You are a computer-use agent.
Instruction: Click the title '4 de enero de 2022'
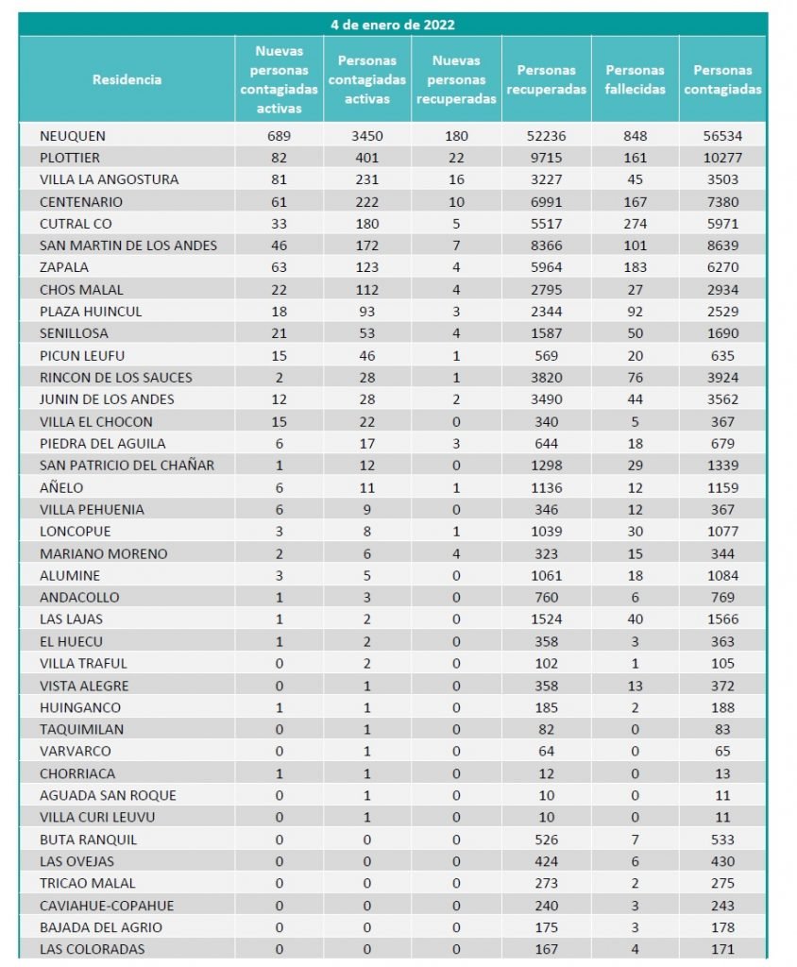click(392, 25)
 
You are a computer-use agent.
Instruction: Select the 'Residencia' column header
click(127, 79)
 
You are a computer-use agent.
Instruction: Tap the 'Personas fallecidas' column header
click(635, 79)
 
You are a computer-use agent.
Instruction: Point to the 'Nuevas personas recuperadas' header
click(456, 79)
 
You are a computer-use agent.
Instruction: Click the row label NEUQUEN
click(73, 136)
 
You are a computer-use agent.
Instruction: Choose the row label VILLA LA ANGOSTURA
click(109, 179)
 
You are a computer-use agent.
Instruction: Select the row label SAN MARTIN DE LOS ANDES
click(128, 246)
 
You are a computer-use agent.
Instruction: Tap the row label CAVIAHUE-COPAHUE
click(107, 906)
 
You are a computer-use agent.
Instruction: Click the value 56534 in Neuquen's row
click(722, 136)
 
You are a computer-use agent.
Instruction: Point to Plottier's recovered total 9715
click(547, 158)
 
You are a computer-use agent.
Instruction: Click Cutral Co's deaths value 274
click(635, 224)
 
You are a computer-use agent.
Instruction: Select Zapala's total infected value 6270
click(722, 267)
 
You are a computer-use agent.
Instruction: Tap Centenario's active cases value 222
click(366, 202)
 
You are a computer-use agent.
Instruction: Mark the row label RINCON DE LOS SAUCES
click(115, 378)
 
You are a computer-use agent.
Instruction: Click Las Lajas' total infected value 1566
click(722, 619)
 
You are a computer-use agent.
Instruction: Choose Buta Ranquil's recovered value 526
click(547, 840)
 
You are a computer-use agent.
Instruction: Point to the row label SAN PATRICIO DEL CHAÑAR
click(127, 466)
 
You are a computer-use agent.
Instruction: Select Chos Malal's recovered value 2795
click(547, 290)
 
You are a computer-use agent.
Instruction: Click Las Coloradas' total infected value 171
click(722, 949)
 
